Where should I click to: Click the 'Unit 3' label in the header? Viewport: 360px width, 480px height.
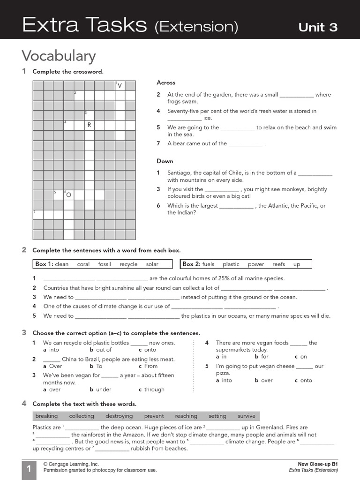coord(318,27)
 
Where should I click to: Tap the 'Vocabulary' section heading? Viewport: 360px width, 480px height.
coord(59,56)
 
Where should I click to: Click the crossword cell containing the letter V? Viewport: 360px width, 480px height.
coord(120,85)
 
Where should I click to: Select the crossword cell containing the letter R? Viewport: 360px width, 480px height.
coord(89,125)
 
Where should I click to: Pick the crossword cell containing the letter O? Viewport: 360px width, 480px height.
coord(68,195)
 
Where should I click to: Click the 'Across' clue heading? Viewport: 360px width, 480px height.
coord(166,82)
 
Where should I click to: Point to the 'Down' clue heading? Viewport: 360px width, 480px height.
coord(165,161)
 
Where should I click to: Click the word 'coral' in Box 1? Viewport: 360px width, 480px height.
coord(83,264)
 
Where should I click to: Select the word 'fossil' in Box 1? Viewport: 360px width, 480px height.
coord(105,264)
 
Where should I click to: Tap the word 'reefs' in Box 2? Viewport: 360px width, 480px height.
coord(278,264)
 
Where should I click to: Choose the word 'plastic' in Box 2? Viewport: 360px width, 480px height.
coord(231,264)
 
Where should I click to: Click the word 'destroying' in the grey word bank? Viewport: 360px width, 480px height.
coord(119,416)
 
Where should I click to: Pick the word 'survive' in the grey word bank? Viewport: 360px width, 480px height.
coord(247,416)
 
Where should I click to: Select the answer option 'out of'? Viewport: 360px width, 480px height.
coord(104,350)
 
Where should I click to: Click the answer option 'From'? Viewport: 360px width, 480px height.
coord(151,366)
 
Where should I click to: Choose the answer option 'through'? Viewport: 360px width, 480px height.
coord(154,390)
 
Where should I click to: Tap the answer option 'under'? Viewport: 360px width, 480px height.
coord(104,390)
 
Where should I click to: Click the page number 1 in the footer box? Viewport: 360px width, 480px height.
coord(28,469)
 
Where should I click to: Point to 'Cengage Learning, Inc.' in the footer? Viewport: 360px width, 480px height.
coord(71,464)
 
